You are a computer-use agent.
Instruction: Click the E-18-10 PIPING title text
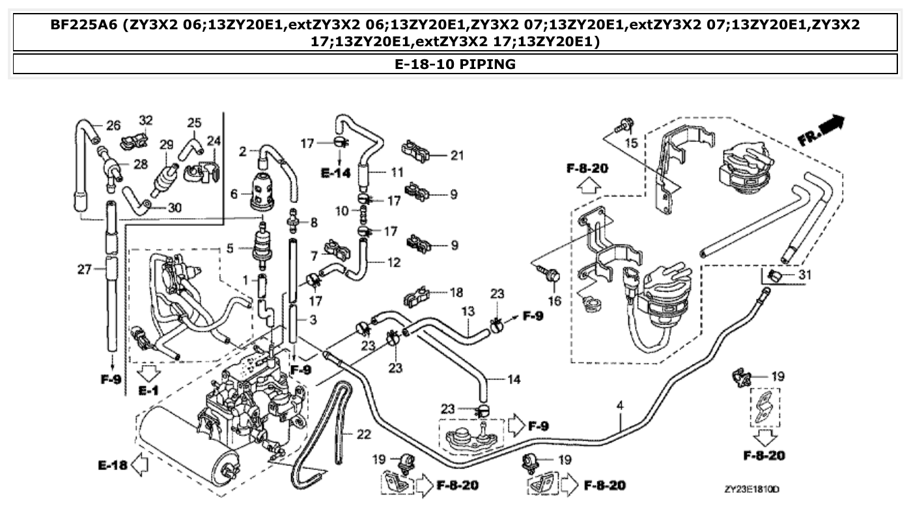(x=455, y=64)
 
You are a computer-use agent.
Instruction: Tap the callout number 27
(x=85, y=269)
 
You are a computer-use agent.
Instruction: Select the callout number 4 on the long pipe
(x=620, y=405)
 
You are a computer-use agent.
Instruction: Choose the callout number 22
(x=363, y=433)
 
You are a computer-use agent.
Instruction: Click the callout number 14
(x=514, y=379)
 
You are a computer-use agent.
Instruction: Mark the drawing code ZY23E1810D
(x=753, y=488)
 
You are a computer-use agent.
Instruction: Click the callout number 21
(x=457, y=155)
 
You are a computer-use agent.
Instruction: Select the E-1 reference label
(x=148, y=391)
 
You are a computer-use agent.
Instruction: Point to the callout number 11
(x=397, y=172)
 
